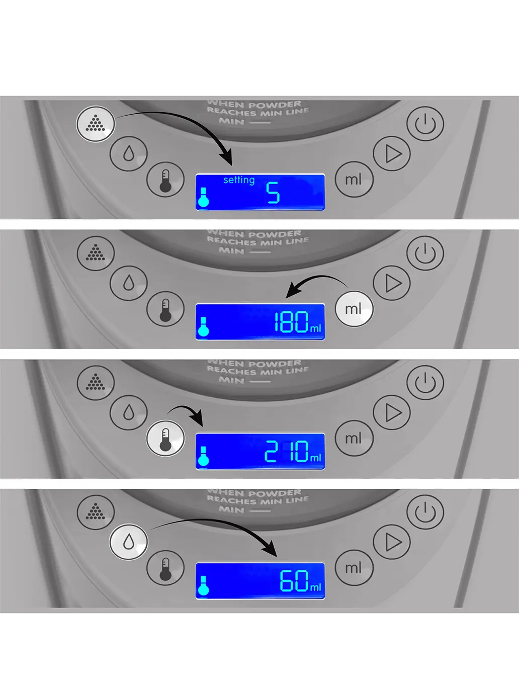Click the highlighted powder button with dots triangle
96,124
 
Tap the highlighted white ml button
354,309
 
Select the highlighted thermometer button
165,439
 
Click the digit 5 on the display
273,193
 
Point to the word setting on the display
239,180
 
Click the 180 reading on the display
291,322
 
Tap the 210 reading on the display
286,451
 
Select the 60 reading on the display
294,581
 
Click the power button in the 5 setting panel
425,124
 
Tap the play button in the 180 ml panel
392,283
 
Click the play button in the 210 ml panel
392,413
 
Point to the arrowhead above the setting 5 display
227,158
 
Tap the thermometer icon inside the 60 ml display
203,585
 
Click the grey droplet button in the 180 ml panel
129,283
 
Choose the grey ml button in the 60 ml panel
354,568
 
